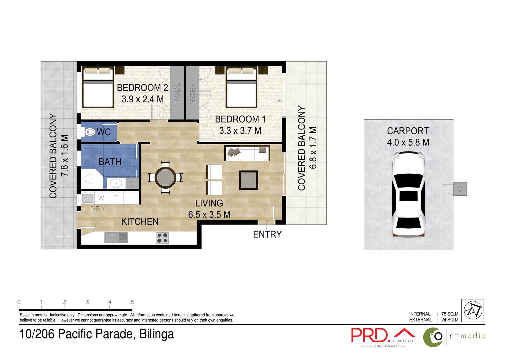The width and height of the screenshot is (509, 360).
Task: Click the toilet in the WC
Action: (x=89, y=132)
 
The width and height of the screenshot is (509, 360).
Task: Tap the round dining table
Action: (x=165, y=177)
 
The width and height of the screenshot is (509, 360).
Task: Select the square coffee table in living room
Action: (x=248, y=180)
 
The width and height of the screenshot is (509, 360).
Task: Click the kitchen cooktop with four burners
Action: (x=162, y=238)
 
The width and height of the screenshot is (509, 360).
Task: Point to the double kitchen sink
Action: (x=116, y=237)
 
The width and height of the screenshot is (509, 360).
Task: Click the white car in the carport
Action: (x=408, y=194)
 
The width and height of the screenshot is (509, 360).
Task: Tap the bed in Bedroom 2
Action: (x=98, y=88)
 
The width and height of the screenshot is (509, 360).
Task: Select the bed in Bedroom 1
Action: (x=242, y=88)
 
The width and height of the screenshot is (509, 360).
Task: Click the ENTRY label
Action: (x=267, y=234)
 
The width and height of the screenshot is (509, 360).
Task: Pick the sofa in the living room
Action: (x=247, y=153)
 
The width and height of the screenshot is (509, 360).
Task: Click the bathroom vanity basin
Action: (x=116, y=183)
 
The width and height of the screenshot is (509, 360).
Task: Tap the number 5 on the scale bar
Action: (x=132, y=302)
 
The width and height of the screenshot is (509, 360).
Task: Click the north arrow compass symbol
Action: (x=472, y=310)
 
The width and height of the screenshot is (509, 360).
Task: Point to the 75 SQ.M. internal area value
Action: (x=450, y=314)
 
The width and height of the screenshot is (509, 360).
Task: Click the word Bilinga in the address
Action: (x=156, y=334)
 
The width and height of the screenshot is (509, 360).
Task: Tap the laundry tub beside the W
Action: (x=87, y=198)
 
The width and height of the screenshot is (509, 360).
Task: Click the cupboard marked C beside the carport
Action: (x=460, y=189)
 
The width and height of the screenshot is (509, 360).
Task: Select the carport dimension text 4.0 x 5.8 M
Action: (x=408, y=142)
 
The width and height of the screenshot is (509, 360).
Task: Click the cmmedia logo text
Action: (x=468, y=336)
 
